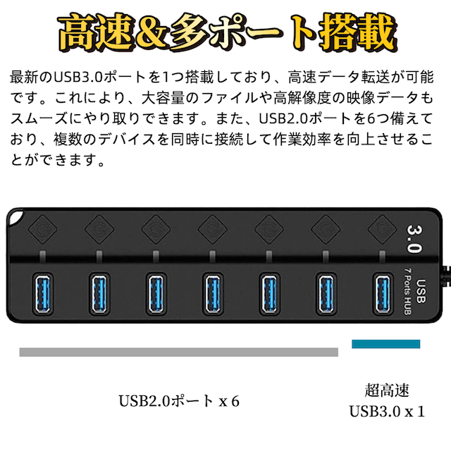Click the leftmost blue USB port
tap(42, 293)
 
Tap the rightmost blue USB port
tap(383, 293)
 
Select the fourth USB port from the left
tap(213, 293)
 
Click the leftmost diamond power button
tap(42, 229)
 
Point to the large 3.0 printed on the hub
tap(414, 239)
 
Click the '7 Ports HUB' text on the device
tap(407, 291)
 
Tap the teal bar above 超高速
tap(385, 344)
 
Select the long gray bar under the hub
tap(178, 352)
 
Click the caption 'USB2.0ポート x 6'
tap(179, 401)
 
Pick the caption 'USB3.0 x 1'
tap(387, 412)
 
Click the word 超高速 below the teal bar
tap(387, 390)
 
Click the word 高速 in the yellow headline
tap(97, 32)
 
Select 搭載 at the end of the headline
tap(359, 32)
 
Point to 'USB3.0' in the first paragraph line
tap(78, 77)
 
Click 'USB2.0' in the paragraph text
tap(283, 118)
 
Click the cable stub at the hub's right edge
tap(446, 276)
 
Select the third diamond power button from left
tap(156, 229)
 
